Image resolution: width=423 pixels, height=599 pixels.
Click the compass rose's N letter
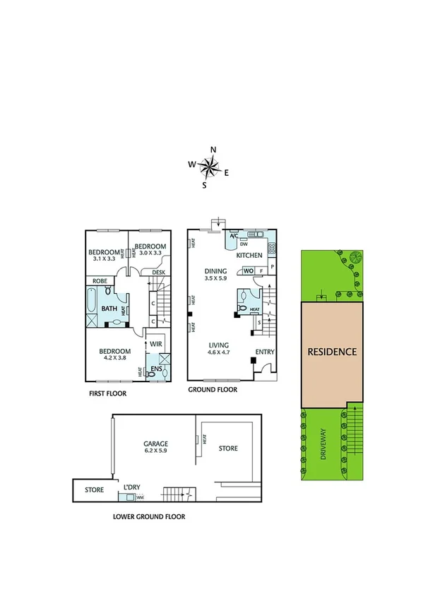pyautogui.click(x=213, y=149)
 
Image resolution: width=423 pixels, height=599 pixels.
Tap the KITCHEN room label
pyautogui.click(x=249, y=255)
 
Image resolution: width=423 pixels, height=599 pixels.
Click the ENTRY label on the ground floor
pyautogui.click(x=264, y=351)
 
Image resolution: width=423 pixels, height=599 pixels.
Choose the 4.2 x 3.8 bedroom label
pyautogui.click(x=114, y=355)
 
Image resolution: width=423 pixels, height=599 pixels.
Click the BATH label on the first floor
pyautogui.click(x=109, y=309)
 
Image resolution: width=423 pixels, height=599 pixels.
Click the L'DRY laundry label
pyautogui.click(x=132, y=488)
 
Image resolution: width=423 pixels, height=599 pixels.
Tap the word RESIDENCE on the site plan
pyautogui.click(x=332, y=351)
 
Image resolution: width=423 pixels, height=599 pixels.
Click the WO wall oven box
pyautogui.click(x=249, y=271)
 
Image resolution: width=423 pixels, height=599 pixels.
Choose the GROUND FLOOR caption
pyautogui.click(x=212, y=389)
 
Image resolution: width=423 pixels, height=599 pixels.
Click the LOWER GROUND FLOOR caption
pyautogui.click(x=149, y=516)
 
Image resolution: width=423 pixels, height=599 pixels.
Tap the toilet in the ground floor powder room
pyautogui.click(x=242, y=308)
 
